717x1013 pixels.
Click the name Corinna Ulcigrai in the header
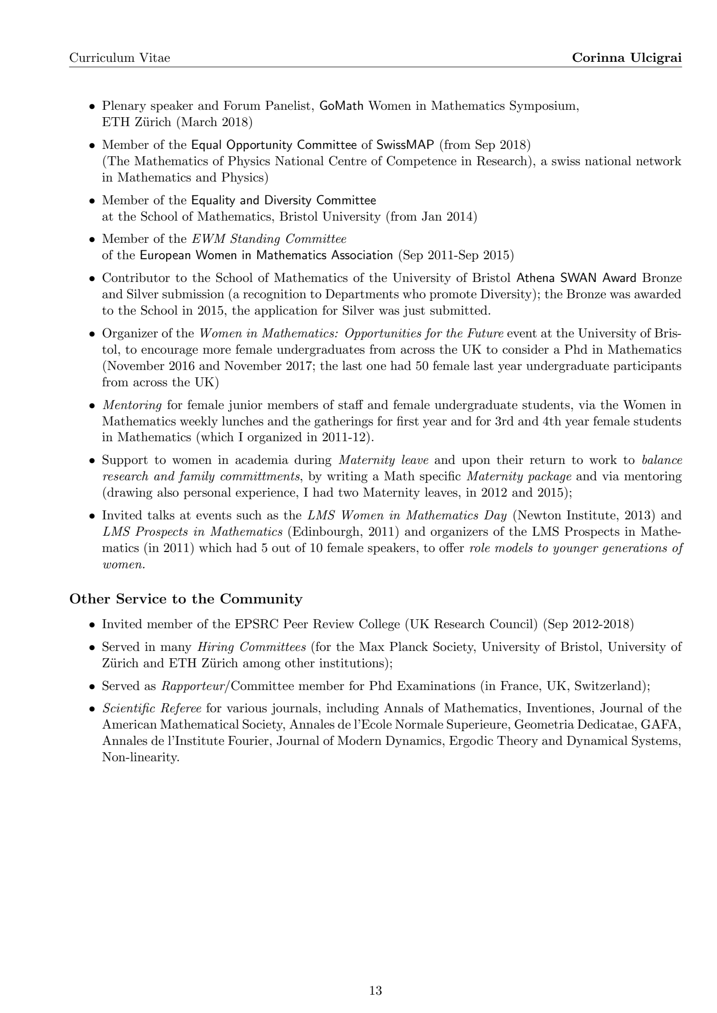[x=627, y=58]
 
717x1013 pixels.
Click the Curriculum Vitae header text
[x=119, y=58]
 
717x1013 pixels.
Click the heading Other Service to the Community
[x=186, y=599]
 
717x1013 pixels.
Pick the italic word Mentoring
[x=132, y=405]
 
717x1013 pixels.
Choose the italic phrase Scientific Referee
[x=151, y=708]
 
